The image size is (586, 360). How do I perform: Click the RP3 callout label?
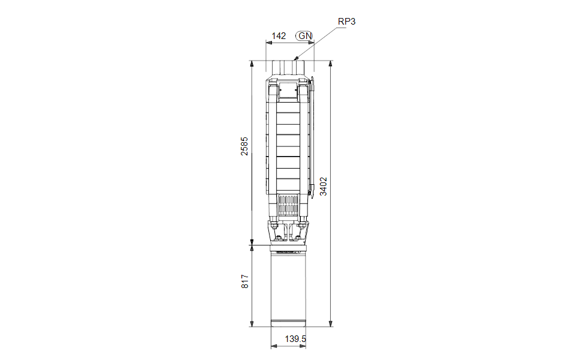(346, 22)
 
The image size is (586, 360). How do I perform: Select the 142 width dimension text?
(279, 36)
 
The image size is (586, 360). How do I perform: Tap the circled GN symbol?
(305, 36)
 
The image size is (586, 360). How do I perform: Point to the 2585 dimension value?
(244, 146)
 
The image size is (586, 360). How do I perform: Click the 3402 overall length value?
(323, 187)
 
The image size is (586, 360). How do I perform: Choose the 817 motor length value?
(244, 281)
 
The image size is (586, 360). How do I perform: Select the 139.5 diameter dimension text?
(295, 339)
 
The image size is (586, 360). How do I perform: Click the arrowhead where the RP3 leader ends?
(296, 58)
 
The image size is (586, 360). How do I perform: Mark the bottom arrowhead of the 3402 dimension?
(331, 324)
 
